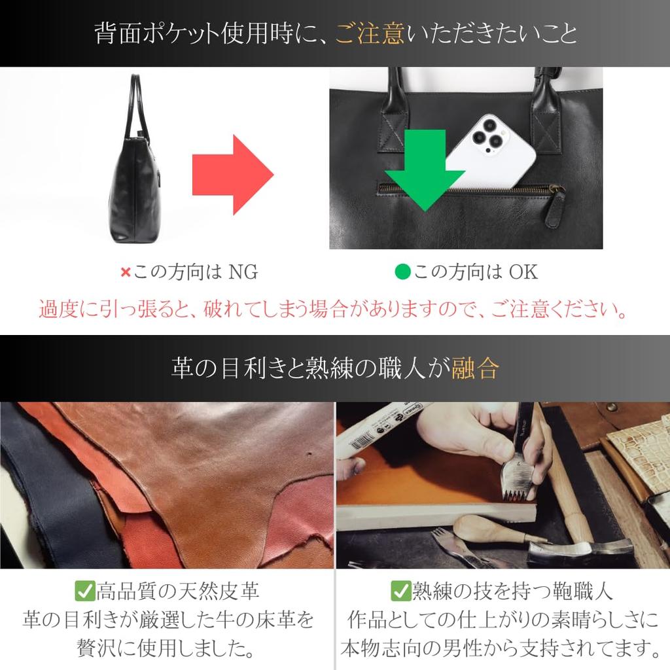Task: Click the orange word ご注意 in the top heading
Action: click(370, 33)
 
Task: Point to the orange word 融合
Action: click(476, 368)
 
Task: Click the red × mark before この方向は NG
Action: click(126, 272)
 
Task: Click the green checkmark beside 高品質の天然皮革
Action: click(85, 591)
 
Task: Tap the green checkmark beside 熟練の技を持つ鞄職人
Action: click(400, 591)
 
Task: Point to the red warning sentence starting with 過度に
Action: click(334, 308)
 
